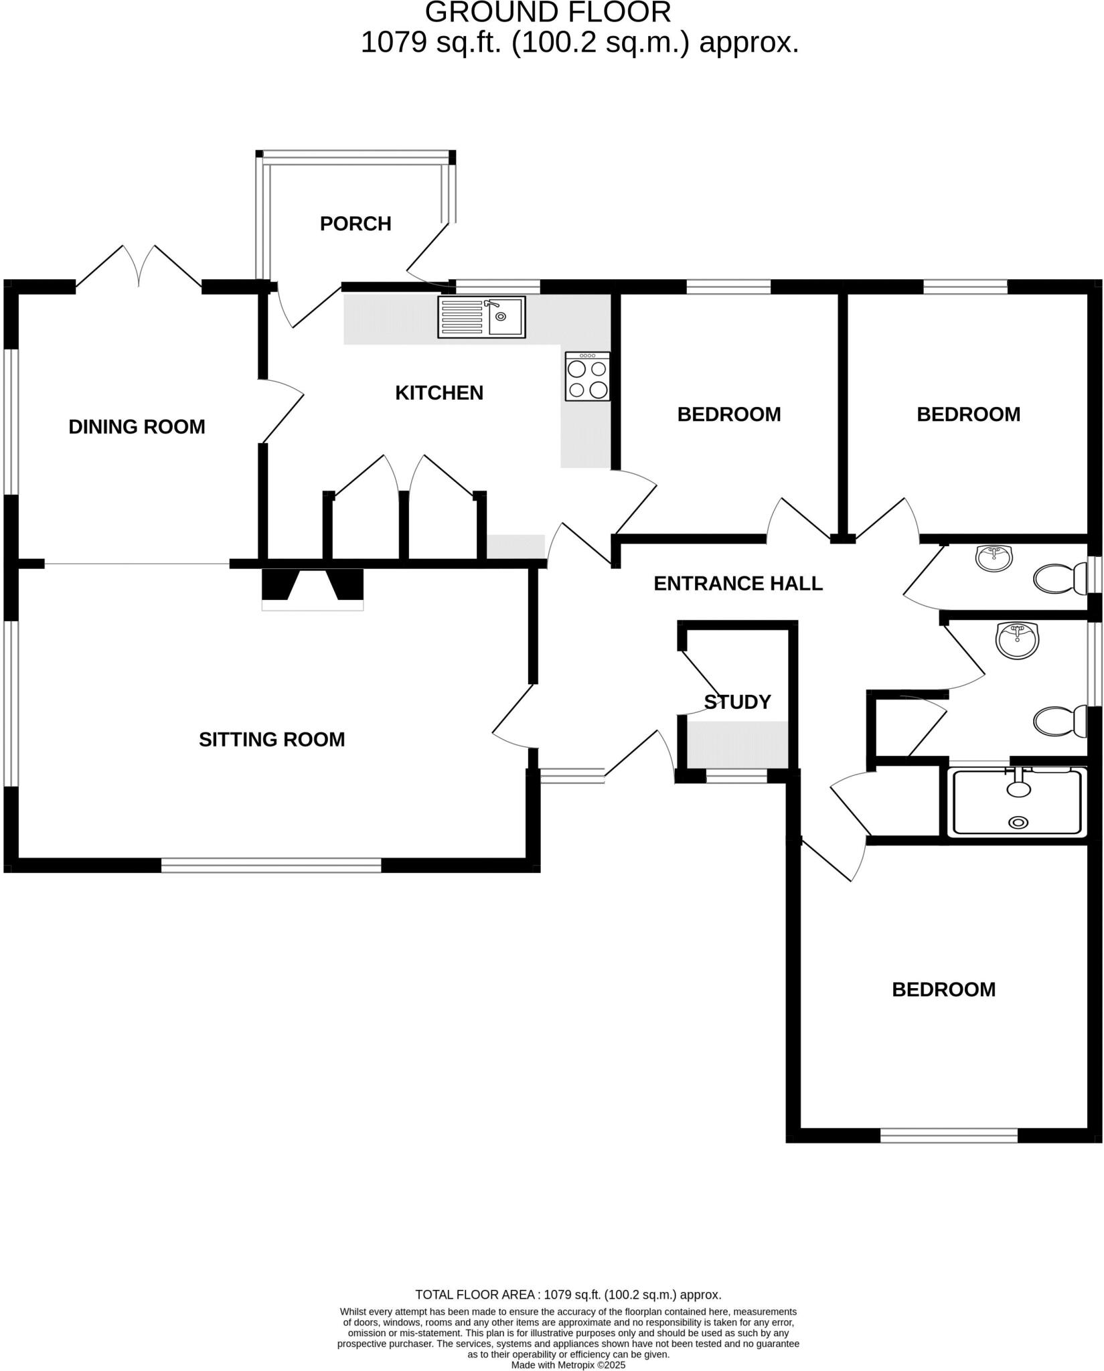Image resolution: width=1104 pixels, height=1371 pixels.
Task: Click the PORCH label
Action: tap(356, 224)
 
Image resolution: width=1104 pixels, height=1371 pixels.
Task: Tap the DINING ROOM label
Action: tap(137, 426)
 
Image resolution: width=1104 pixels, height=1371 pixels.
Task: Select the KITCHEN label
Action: tap(439, 393)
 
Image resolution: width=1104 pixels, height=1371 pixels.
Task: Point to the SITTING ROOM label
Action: tap(272, 740)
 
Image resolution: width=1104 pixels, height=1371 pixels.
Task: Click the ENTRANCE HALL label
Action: tap(738, 584)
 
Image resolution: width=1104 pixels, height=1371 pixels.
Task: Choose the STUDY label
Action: tap(737, 702)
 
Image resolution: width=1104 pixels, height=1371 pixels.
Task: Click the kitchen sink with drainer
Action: tap(481, 317)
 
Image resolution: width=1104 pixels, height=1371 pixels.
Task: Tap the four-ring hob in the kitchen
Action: tap(587, 377)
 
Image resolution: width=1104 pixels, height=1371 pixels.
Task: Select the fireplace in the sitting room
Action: tap(313, 587)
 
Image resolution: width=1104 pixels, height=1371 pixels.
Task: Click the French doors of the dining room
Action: tap(139, 268)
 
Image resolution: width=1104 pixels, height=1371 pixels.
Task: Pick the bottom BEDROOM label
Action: tap(943, 989)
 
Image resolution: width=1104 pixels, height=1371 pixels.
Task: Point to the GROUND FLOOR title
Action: tap(548, 13)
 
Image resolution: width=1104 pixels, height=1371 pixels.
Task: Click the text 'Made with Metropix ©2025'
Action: tap(568, 1365)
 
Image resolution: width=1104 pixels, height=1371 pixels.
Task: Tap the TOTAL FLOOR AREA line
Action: tap(568, 1295)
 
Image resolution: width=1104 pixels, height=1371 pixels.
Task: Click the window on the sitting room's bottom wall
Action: tap(271, 865)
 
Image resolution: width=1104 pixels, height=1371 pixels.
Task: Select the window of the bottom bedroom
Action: tap(949, 1135)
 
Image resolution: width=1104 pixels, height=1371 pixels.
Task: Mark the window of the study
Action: tap(736, 776)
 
